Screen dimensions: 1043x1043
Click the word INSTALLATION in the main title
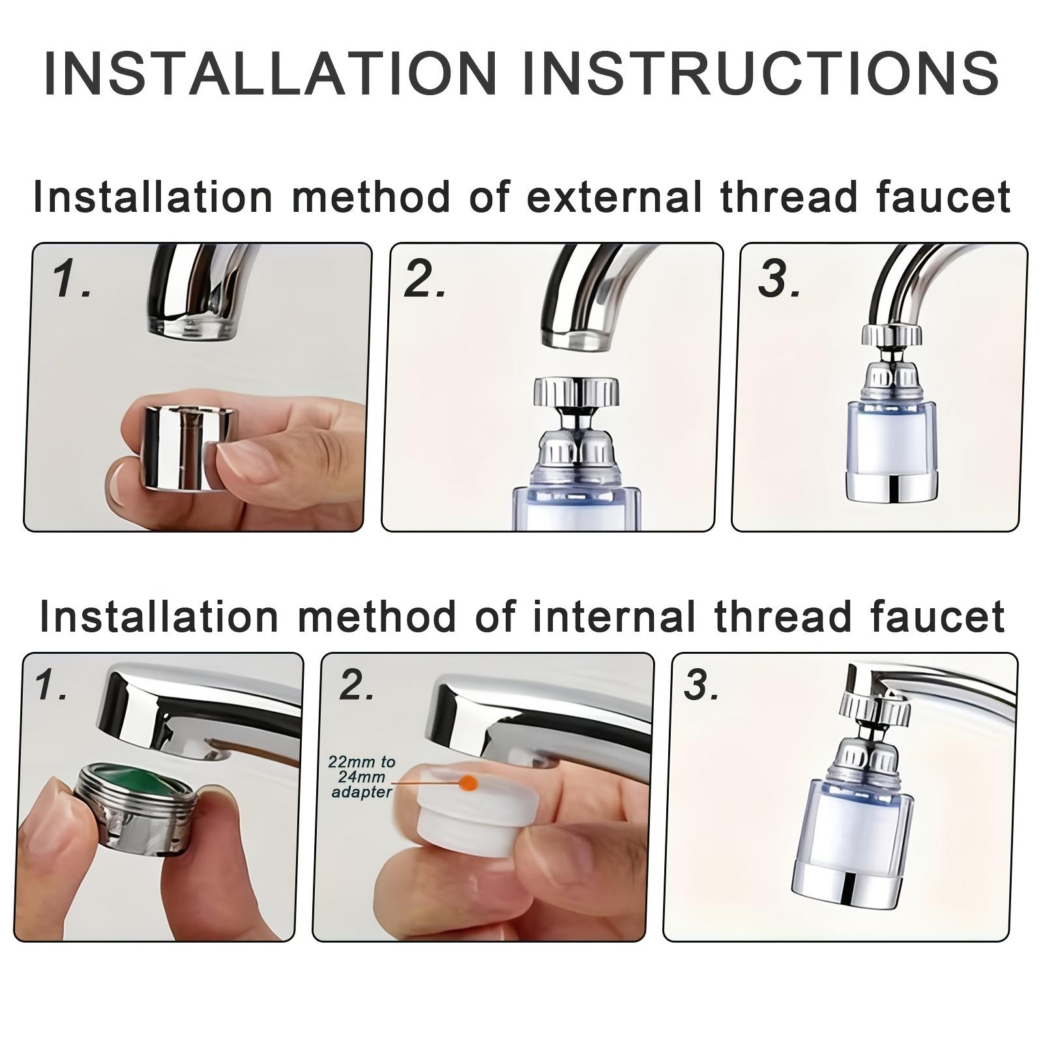click(271, 72)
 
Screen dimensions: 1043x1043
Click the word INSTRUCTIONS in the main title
click(761, 72)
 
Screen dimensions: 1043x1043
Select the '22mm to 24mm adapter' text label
click(362, 777)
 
